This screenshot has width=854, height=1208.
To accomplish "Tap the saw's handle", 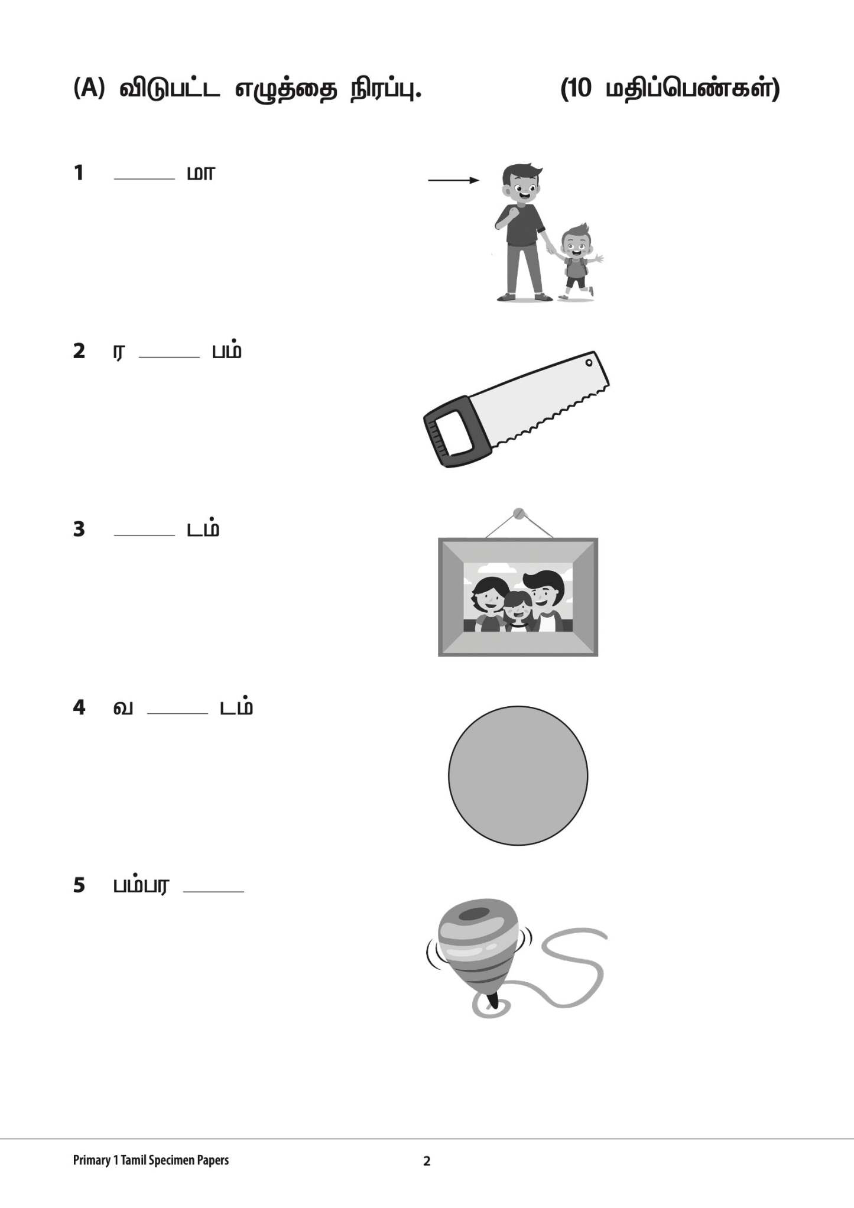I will (x=454, y=433).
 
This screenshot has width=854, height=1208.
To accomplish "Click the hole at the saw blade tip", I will (x=589, y=362).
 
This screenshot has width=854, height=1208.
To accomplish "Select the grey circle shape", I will (x=518, y=775).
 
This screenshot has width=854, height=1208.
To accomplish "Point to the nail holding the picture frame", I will (x=519, y=512).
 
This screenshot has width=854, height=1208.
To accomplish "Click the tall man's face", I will (x=521, y=189).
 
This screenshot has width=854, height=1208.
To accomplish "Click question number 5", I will (x=79, y=885).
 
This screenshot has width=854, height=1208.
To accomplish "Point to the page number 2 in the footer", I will (x=427, y=1161).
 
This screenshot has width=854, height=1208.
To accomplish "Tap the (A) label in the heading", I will (x=89, y=89).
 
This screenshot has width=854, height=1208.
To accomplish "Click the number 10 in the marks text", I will (x=580, y=89).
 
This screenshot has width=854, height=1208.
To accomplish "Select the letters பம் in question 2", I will (x=227, y=351).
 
